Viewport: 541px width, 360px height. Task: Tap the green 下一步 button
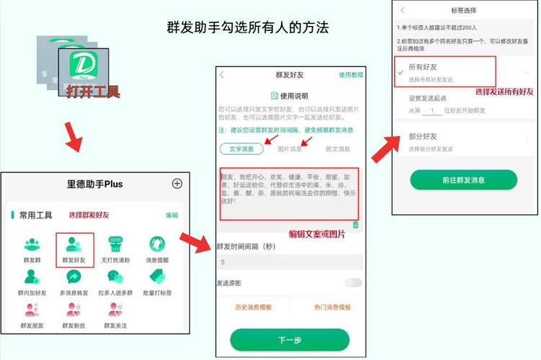coord(290,339)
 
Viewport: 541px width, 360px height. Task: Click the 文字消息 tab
coord(241,149)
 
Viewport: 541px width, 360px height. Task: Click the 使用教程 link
coord(351,75)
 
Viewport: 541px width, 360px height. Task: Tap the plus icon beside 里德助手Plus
coord(177,184)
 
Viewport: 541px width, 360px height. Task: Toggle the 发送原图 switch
coord(353,283)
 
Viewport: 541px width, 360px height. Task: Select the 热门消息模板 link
coord(332,307)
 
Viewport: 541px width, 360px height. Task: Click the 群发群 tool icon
coord(32,247)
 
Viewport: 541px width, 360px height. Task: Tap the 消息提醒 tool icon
coord(157,247)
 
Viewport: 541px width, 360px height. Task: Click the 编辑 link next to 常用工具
coord(171,215)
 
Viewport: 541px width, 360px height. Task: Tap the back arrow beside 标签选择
coord(402,11)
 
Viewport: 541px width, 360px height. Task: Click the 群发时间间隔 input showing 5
coord(290,263)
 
